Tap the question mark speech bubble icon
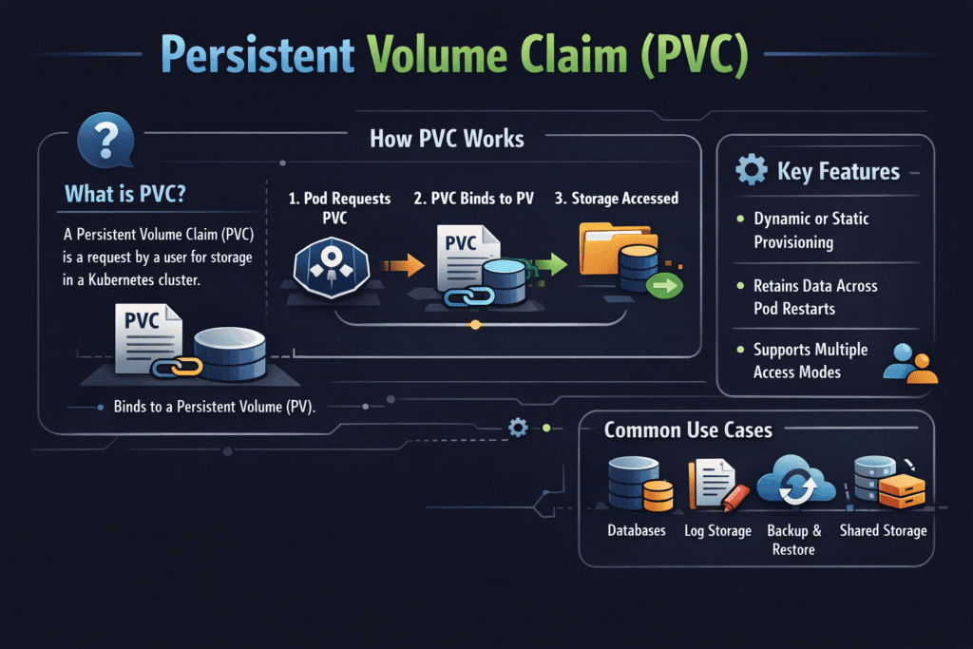[x=104, y=139]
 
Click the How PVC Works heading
[x=446, y=139]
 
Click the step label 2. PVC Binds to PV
[x=473, y=199]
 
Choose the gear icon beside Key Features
[x=751, y=171]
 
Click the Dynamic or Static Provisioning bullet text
[x=811, y=230]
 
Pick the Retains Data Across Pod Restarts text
[x=814, y=297]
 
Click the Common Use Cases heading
[x=688, y=430]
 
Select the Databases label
[x=636, y=530]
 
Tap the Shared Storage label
[x=882, y=530]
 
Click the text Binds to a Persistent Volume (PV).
[x=214, y=407]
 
